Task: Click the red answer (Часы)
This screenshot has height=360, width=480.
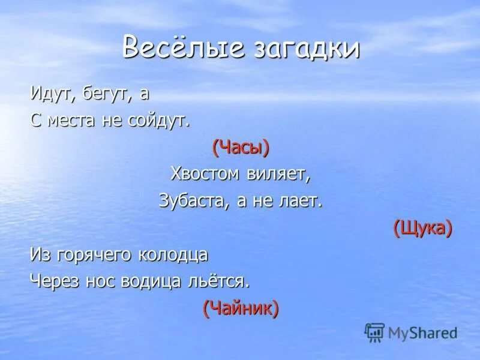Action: [x=240, y=147]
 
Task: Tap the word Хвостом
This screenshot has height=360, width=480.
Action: [x=205, y=173]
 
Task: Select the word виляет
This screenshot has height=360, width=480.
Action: [x=278, y=173]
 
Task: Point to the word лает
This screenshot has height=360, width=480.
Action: [x=302, y=200]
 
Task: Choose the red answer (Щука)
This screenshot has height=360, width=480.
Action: [x=422, y=227]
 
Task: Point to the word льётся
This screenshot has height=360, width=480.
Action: [x=221, y=281]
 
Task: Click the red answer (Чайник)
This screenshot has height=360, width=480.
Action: [x=240, y=308]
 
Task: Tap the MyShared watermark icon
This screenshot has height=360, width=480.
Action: [x=374, y=331]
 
